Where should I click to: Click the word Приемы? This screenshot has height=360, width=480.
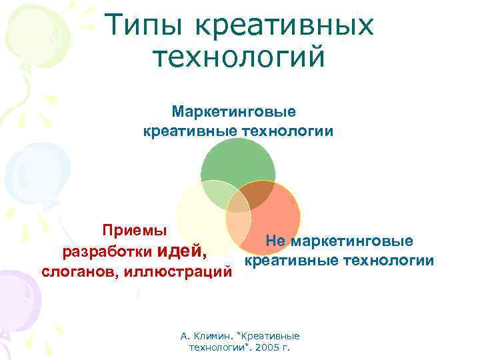pyautogui.click(x=135, y=231)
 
